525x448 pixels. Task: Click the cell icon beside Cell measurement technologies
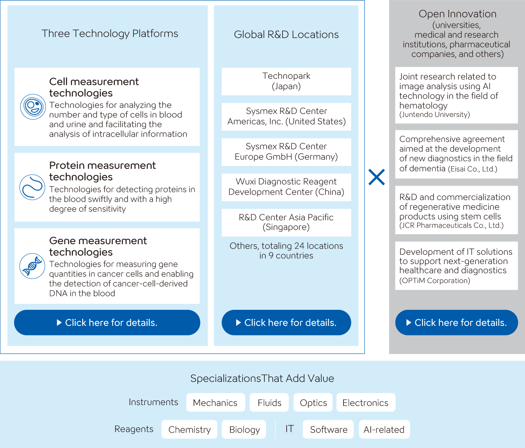33,107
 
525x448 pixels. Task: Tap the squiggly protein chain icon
32,187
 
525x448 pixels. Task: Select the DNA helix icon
32,266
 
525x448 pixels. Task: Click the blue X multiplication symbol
376,177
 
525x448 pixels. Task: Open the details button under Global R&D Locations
286,322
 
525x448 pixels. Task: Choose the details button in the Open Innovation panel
457,322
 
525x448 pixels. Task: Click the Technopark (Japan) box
286,81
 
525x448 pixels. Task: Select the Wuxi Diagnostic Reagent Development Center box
286,187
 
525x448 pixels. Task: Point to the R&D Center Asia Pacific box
286,223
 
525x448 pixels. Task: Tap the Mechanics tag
216,402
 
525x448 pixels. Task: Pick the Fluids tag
269,402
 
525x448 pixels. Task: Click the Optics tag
313,402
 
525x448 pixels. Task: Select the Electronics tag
366,402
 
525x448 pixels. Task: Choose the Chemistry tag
189,429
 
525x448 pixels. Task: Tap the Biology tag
244,429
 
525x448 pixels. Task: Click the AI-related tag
384,429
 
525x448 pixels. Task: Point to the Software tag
328,429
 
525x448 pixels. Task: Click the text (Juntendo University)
435,114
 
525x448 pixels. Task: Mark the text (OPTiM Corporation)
435,280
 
